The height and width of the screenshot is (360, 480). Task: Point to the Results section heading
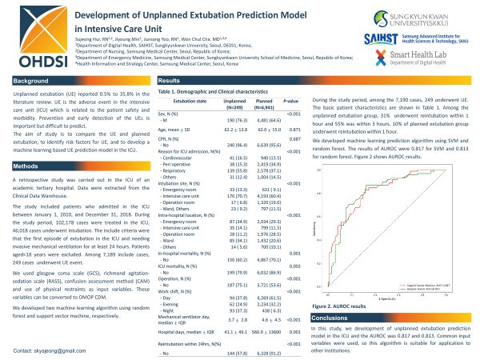[170, 82]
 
